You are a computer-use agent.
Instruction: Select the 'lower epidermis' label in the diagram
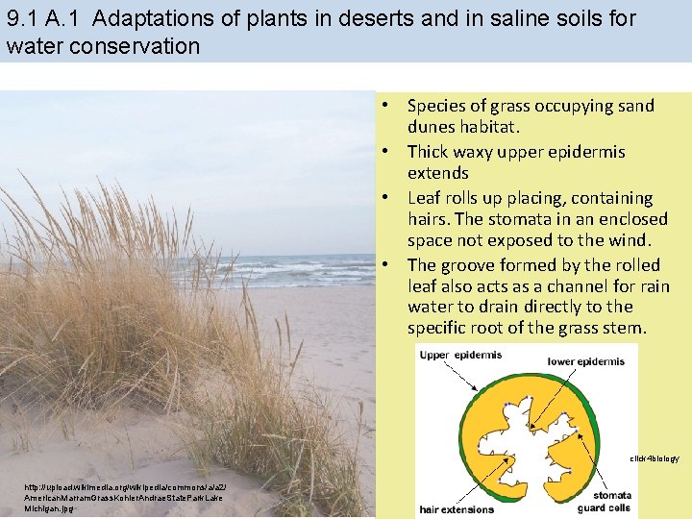click(585, 361)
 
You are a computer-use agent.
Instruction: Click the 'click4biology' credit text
click(654, 458)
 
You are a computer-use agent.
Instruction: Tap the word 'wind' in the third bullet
click(628, 240)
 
